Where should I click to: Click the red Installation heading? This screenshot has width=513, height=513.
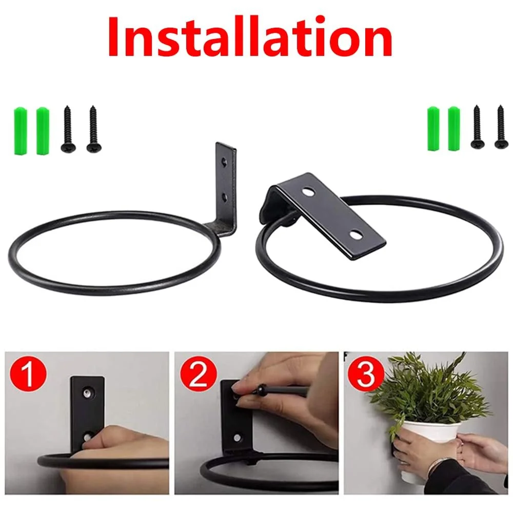pos(250,36)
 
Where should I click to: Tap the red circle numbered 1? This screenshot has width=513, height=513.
pos(28,373)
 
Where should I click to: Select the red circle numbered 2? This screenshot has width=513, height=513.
pos(198,373)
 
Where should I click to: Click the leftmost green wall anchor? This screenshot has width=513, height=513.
pos(19,130)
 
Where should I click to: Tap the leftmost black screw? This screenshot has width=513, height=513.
pos(68,129)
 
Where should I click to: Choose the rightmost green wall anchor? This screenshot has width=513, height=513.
pos(454,129)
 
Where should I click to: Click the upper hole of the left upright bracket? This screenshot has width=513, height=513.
pos(225,161)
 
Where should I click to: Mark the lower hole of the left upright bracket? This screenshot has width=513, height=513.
pos(225,197)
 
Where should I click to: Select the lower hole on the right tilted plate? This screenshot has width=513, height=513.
pos(356,234)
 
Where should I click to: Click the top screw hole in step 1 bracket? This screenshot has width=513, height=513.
pos(87,392)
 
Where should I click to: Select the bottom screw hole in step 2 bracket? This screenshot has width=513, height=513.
pos(238,437)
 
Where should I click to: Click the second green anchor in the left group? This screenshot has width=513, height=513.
pos(43,130)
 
